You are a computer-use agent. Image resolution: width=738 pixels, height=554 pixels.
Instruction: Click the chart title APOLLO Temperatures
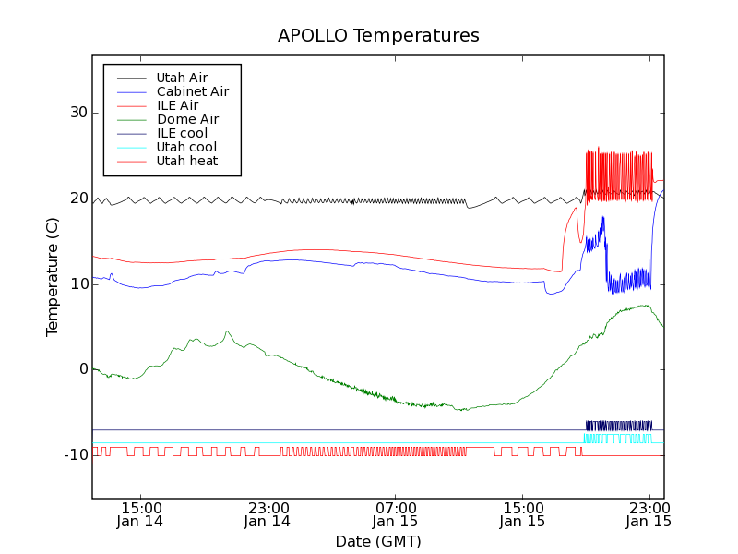pyautogui.click(x=378, y=36)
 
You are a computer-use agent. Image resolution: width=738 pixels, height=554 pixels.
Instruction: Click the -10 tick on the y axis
pyautogui.click(x=73, y=454)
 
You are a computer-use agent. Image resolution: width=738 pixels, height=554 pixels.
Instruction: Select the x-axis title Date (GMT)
pyautogui.click(x=378, y=541)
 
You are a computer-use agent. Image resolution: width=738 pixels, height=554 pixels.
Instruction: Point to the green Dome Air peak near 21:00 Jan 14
pyautogui.click(x=227, y=331)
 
